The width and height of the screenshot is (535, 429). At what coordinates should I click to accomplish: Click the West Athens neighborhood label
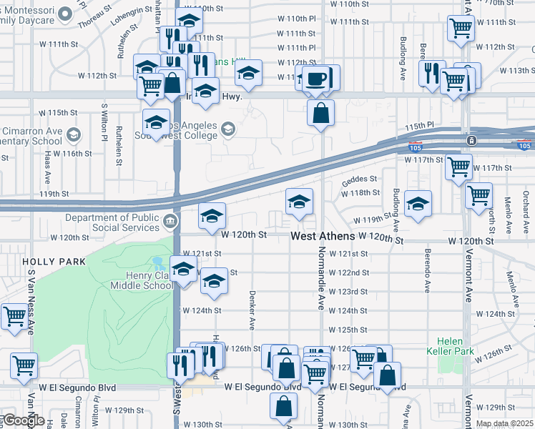[x=323, y=235]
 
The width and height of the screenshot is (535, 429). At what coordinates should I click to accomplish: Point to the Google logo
[x=23, y=420]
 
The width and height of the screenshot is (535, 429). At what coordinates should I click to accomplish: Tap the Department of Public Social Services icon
[x=170, y=220]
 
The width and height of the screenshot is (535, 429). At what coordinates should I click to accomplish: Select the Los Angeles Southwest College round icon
[x=228, y=129]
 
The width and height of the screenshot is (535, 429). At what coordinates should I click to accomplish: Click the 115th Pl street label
[x=419, y=125]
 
